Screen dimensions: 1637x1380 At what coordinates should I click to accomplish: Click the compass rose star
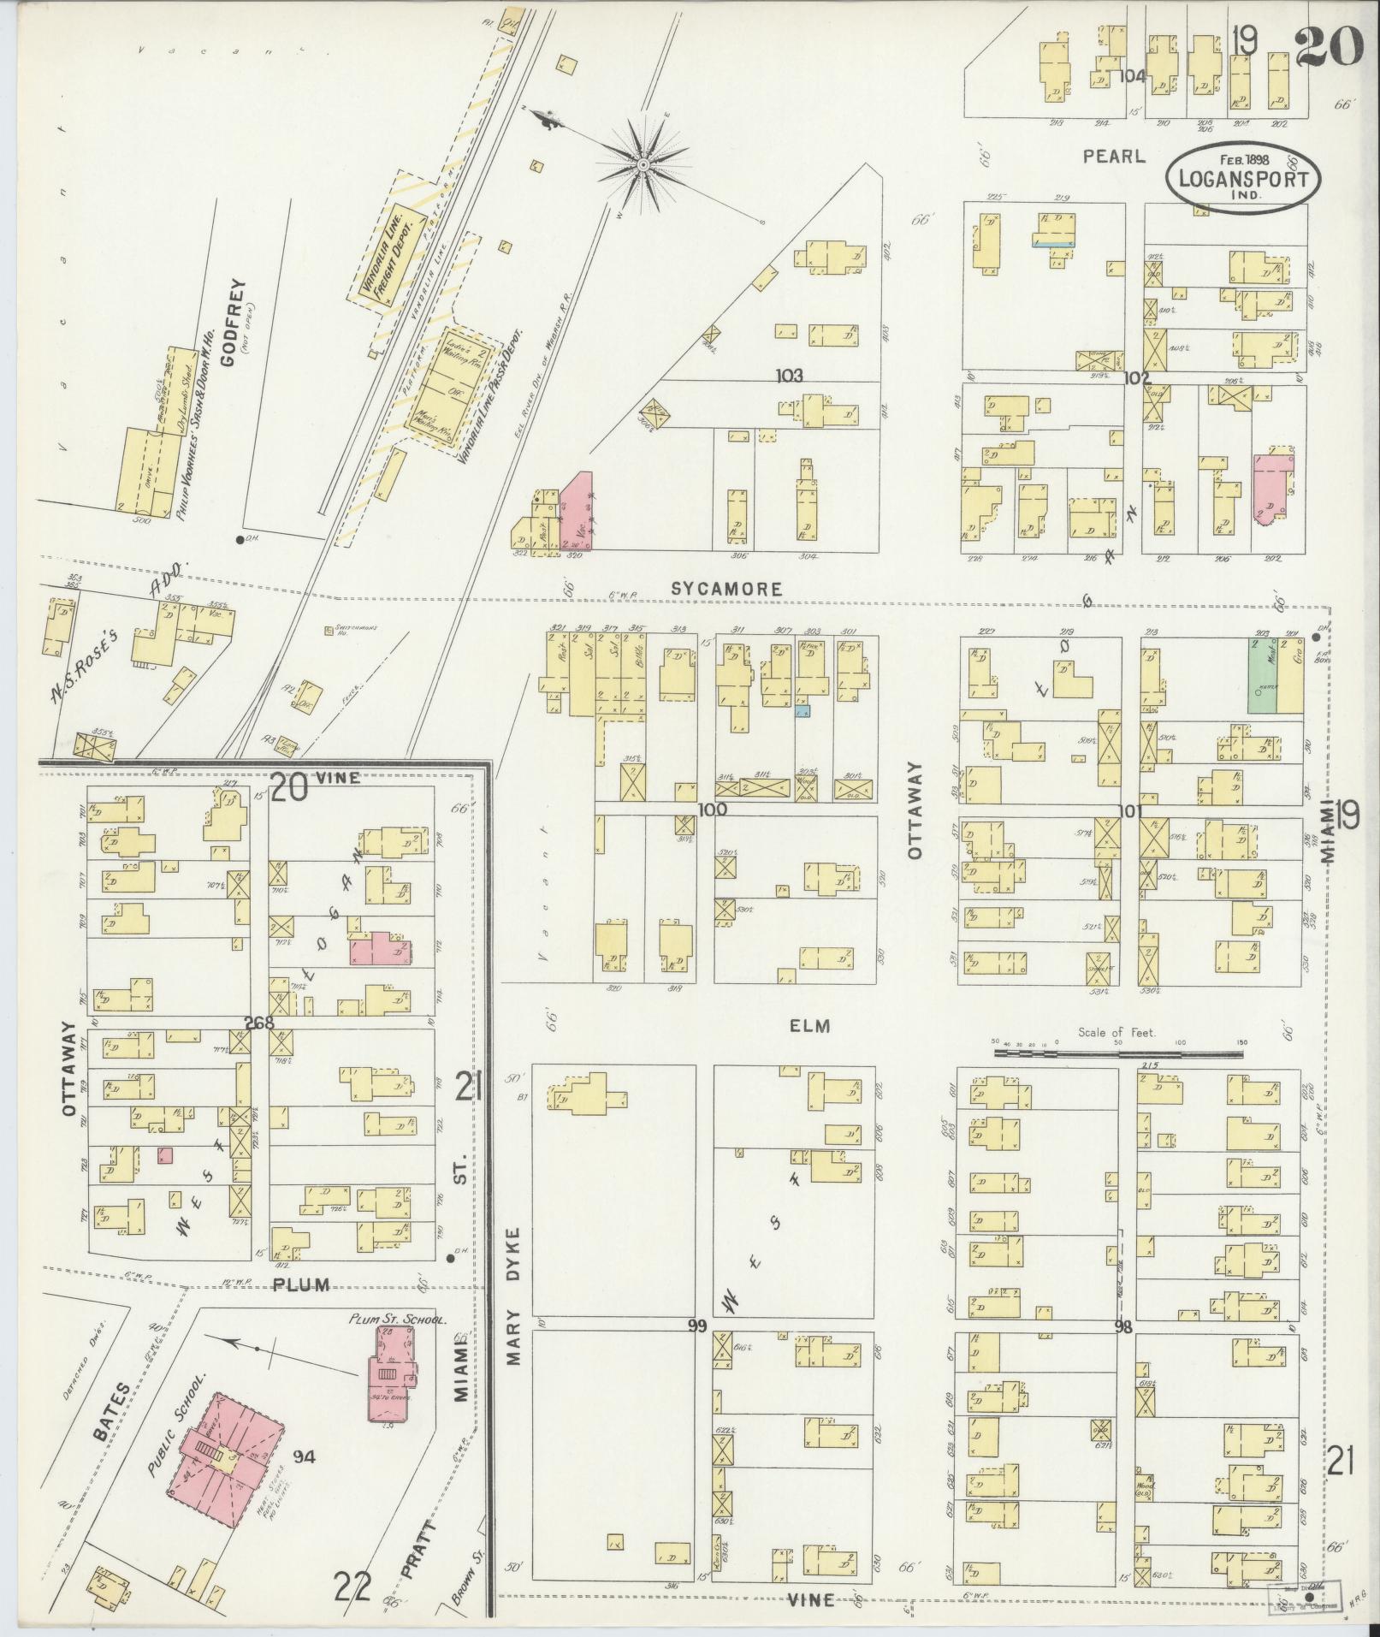click(643, 163)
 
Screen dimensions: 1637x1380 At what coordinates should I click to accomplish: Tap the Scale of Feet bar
click(1117, 1054)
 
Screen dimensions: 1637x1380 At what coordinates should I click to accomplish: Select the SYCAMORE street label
click(726, 589)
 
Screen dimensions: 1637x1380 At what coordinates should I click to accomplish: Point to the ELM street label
click(809, 1025)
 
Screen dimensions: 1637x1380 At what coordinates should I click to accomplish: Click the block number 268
click(255, 1022)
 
